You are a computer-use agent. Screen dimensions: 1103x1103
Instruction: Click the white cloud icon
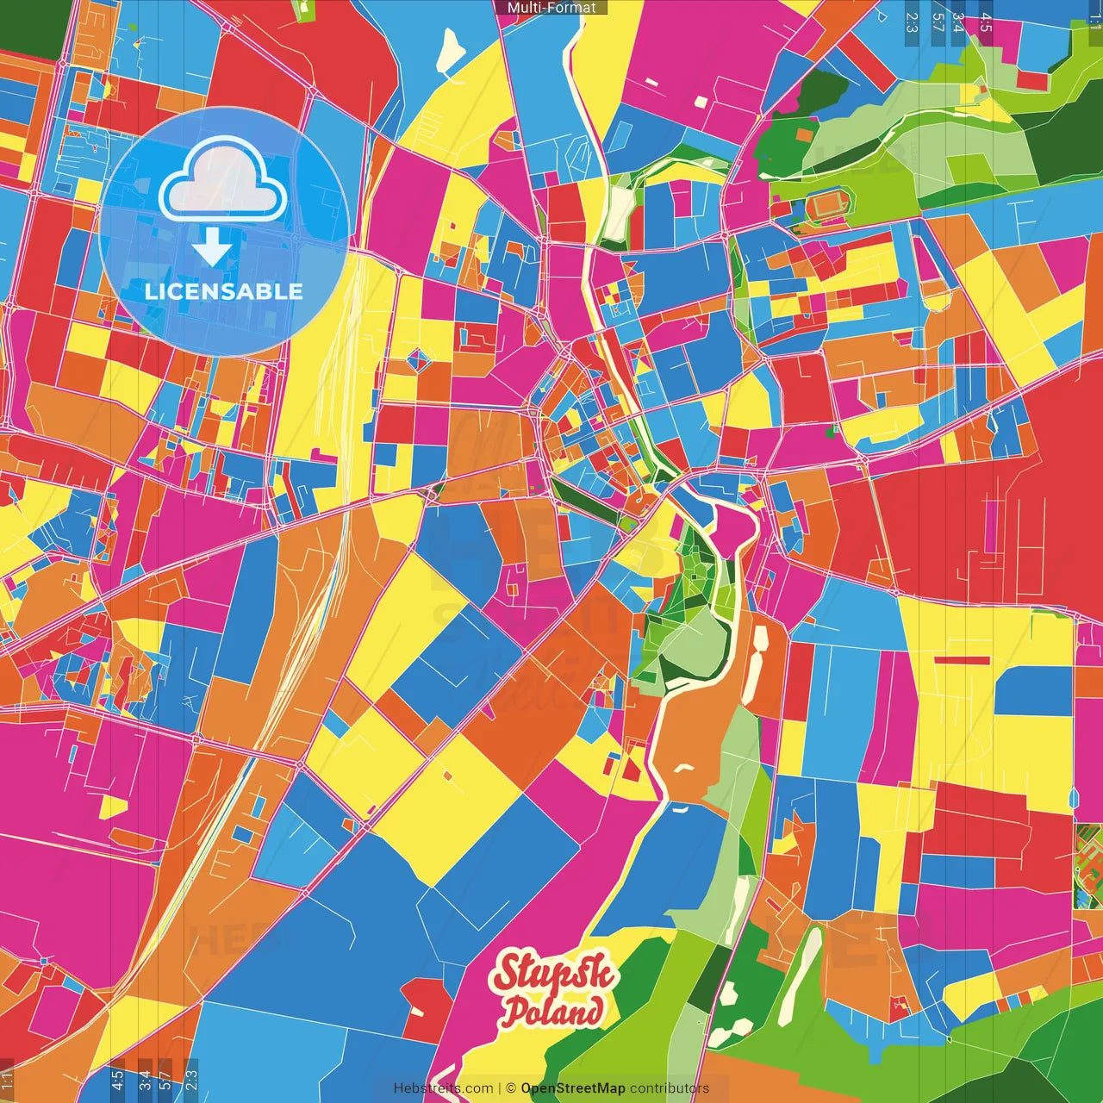pyautogui.click(x=222, y=180)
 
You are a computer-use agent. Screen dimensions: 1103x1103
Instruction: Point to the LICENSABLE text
pyautogui.click(x=223, y=291)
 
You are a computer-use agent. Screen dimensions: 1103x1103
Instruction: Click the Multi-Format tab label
pyautogui.click(x=551, y=8)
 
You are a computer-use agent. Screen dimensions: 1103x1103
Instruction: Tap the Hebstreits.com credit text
pyautogui.click(x=443, y=1088)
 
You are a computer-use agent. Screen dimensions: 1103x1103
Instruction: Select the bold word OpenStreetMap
pyautogui.click(x=572, y=1088)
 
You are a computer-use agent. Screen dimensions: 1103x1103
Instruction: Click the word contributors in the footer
pyautogui.click(x=669, y=1088)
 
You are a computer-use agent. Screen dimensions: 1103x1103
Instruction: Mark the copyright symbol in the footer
pyautogui.click(x=510, y=1088)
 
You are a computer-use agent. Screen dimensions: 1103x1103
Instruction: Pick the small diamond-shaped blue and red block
pyautogui.click(x=417, y=358)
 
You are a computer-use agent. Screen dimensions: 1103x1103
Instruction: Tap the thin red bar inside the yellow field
pyautogui.click(x=962, y=660)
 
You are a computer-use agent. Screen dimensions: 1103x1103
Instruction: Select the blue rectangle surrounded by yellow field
pyautogui.click(x=1033, y=690)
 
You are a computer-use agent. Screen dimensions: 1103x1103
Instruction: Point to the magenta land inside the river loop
pyautogui.click(x=732, y=527)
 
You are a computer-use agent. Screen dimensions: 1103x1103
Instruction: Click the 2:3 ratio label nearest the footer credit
pyautogui.click(x=191, y=1080)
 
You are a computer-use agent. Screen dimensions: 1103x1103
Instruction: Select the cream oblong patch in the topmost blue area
pyautogui.click(x=451, y=52)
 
